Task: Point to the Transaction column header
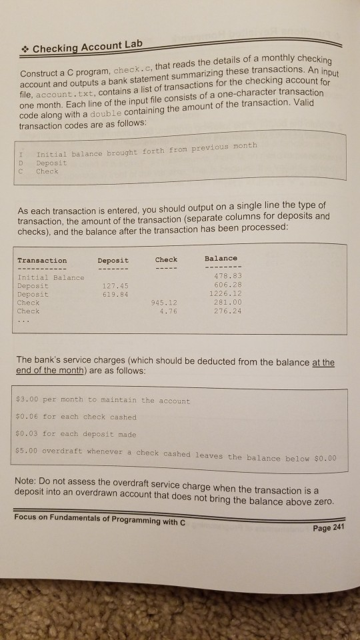point(42,260)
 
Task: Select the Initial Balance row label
point(51,277)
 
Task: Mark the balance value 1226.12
point(221,293)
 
